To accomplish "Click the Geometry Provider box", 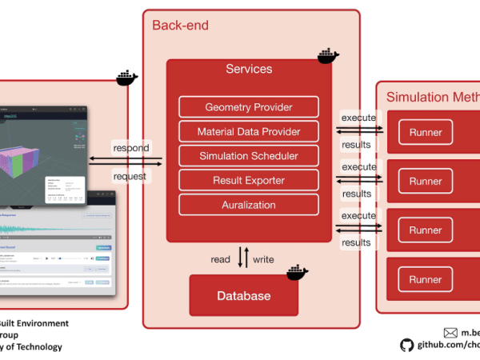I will coord(249,107).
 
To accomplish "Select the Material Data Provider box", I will coord(249,131).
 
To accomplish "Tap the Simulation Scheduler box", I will coord(249,156).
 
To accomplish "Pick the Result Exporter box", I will coord(249,181).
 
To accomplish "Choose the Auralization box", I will coord(249,205).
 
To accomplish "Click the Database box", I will coord(244,296).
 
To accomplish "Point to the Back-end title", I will coord(180,26).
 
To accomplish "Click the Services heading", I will coord(249,70).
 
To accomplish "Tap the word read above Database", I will coord(221,259).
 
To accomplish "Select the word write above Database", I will coord(263,259).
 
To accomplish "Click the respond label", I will coord(130,148).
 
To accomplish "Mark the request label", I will coord(130,175).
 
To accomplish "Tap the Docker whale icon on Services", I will coord(328,56).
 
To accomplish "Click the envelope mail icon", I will coord(450,332).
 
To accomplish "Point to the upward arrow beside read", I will coord(238,258).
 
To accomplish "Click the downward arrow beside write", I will coord(246,258).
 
